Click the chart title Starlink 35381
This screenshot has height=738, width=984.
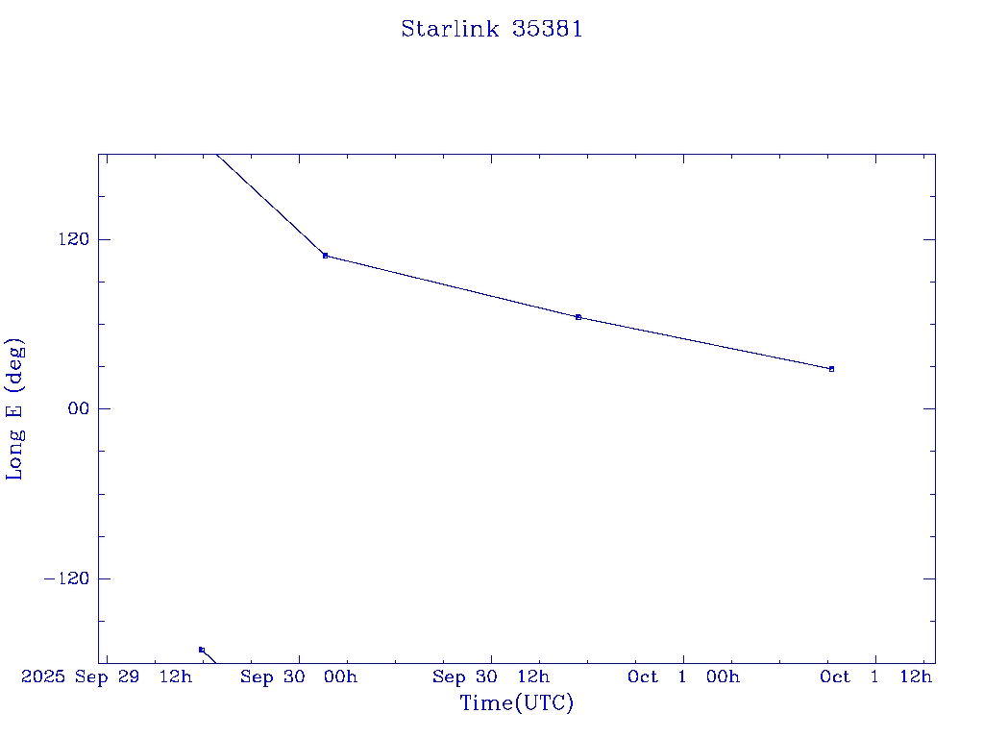tap(491, 30)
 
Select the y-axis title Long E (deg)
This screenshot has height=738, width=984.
tap(15, 408)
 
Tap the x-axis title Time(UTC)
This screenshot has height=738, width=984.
tap(516, 703)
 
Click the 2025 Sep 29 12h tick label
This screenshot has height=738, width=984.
tap(107, 677)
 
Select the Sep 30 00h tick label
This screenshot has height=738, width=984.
tap(298, 677)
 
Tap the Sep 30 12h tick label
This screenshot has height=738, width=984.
tap(491, 677)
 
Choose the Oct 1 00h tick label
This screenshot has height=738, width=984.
tap(683, 677)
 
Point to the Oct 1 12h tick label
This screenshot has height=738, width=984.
tap(875, 677)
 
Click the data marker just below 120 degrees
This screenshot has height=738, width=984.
tap(325, 256)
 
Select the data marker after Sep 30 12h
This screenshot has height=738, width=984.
tap(578, 317)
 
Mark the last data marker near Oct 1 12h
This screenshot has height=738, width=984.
tap(831, 369)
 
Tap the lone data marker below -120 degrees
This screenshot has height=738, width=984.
tap(201, 650)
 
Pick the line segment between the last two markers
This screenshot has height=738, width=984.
tap(704, 343)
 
